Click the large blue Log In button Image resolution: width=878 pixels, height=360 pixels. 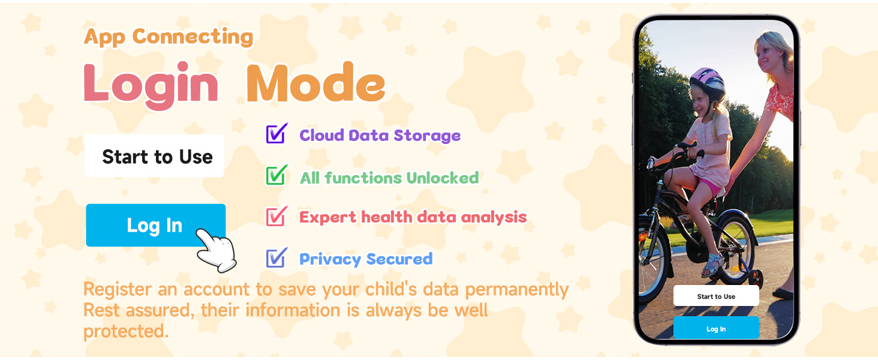coord(155,225)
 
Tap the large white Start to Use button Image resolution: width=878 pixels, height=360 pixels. coord(154,156)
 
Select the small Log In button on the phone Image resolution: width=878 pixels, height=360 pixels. coord(716,328)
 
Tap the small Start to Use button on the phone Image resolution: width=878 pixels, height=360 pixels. coord(716,296)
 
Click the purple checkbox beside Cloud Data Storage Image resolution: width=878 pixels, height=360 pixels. coord(276,134)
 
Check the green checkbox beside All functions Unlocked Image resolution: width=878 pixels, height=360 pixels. coord(276,176)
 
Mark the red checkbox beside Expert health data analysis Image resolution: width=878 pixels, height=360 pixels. coord(276,217)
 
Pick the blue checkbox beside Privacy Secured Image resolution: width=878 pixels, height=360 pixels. coord(276,258)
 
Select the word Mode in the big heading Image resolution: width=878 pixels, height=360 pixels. coord(315,85)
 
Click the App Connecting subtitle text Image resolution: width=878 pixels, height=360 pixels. coord(169,37)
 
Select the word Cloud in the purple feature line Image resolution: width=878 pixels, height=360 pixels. coord(318,135)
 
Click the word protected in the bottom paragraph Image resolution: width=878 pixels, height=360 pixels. coord(125,331)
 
